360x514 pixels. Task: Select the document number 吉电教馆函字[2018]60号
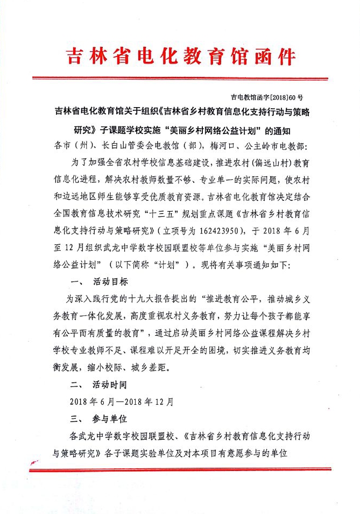click(266, 97)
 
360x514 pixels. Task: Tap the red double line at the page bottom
click(180, 469)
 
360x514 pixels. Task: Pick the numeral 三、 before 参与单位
click(76, 418)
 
